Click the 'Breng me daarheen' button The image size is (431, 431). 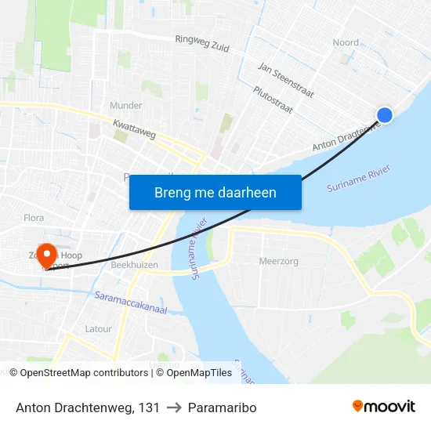click(x=215, y=192)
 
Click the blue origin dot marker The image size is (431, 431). click(x=384, y=115)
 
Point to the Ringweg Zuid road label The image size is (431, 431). click(x=202, y=43)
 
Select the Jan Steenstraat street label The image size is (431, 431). click(x=286, y=81)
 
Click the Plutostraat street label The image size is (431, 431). click(x=273, y=101)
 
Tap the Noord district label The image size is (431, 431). click(x=346, y=42)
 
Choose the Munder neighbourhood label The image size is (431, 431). click(x=126, y=105)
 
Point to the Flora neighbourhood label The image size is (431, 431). click(x=34, y=218)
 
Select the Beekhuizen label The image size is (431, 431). click(x=134, y=265)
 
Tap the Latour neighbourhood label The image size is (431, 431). click(x=99, y=329)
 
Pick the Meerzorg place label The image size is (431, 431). click(x=278, y=262)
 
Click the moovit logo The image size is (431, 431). click(x=383, y=407)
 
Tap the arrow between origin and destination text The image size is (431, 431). click(x=174, y=407)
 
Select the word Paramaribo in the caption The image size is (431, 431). click(x=223, y=407)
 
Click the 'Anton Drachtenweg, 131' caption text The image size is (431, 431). click(x=88, y=407)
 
